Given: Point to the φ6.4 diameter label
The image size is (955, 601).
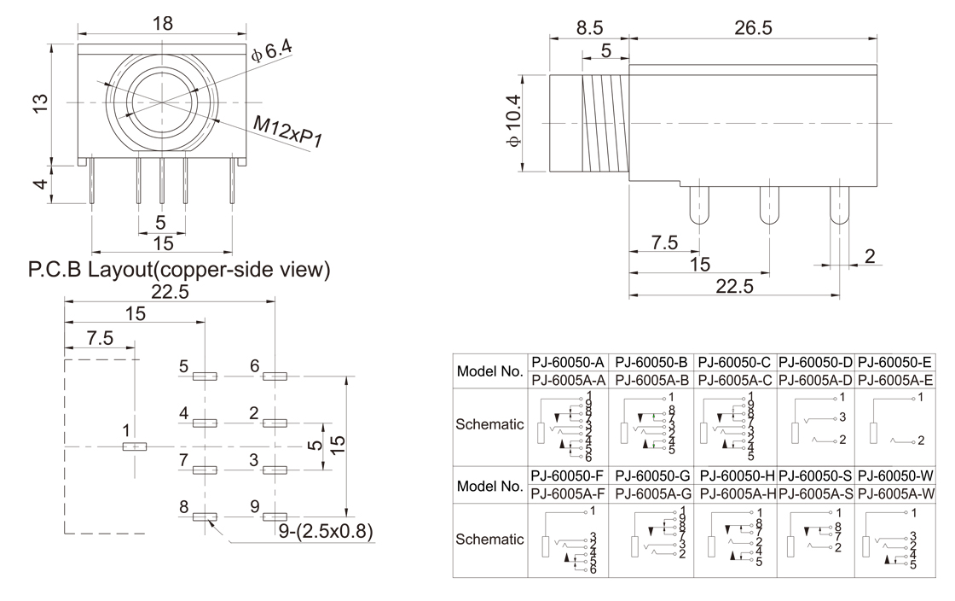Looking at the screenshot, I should (x=272, y=53).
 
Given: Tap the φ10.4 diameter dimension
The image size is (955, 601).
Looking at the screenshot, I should (x=512, y=123).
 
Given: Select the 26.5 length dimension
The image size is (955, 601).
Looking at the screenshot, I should (x=753, y=28).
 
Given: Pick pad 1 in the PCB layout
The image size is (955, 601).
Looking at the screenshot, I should (x=134, y=446).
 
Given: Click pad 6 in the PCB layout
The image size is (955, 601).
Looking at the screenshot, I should (x=275, y=376).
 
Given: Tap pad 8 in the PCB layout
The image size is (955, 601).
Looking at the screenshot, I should (x=205, y=516).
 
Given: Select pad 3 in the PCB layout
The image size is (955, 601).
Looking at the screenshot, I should (x=275, y=470).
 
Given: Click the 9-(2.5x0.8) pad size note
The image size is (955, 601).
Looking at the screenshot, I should (x=326, y=532).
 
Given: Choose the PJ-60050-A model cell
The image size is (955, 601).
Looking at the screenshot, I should (x=568, y=361).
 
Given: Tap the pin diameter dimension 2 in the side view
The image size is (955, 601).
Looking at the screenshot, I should (x=869, y=256).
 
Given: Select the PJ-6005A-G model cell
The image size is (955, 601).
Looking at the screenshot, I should (x=652, y=493).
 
